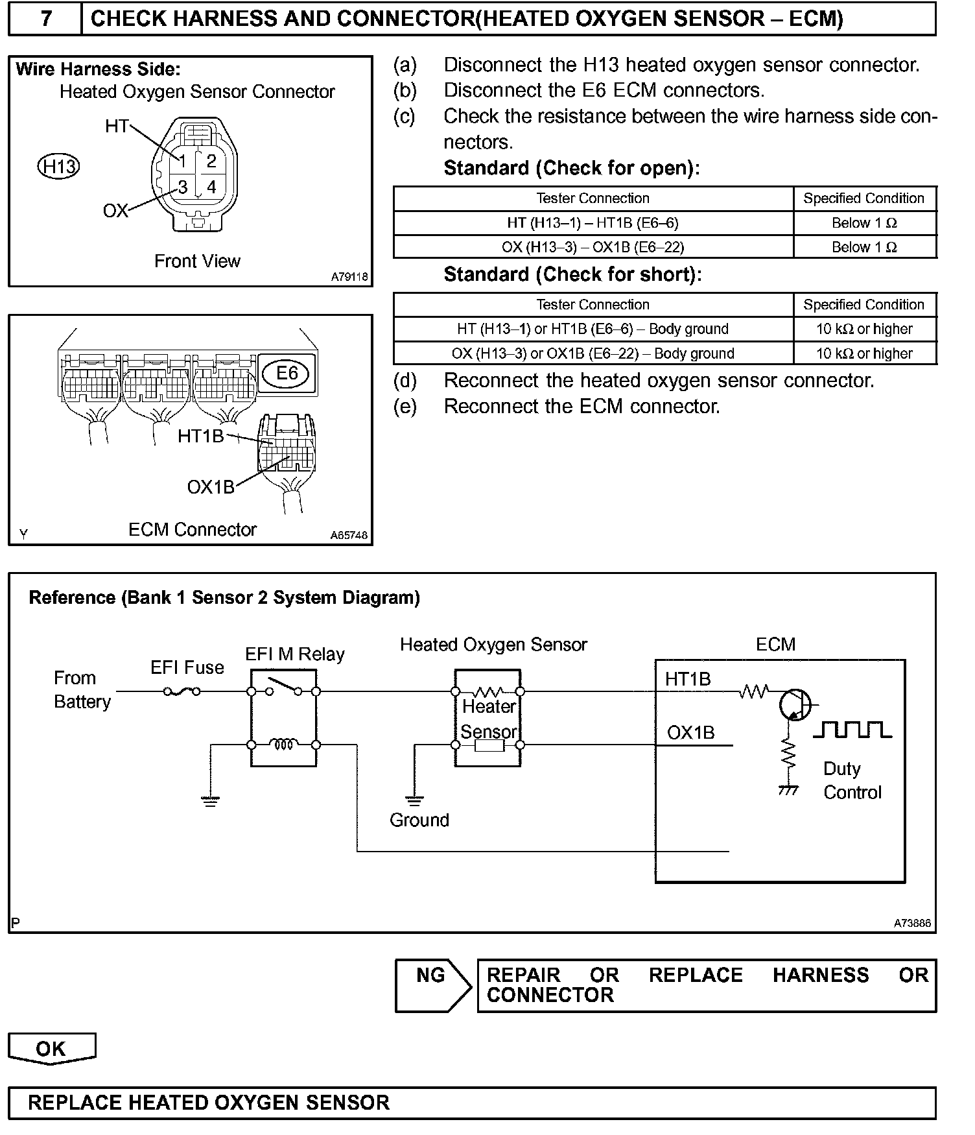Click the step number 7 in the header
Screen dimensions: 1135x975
click(45, 18)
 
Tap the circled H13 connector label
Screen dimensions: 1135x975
click(58, 167)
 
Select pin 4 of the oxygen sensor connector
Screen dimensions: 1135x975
click(211, 187)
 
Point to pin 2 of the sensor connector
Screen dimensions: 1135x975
click(211, 160)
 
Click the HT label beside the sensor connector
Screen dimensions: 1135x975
click(117, 126)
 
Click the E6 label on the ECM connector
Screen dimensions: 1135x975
click(287, 373)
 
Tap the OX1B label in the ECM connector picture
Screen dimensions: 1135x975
click(210, 486)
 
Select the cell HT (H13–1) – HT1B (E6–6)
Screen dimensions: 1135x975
click(593, 223)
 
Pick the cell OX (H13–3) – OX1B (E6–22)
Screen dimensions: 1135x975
click(593, 247)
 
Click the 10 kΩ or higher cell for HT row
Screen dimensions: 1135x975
click(864, 329)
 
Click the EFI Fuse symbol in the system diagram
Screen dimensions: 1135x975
click(182, 692)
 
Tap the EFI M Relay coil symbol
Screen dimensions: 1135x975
click(283, 745)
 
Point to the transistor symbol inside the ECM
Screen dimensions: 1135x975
click(795, 704)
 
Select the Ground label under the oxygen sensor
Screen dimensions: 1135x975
click(419, 820)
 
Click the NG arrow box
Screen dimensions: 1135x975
click(433, 985)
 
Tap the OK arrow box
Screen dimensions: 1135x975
click(51, 1049)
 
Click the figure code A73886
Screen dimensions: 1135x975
click(912, 923)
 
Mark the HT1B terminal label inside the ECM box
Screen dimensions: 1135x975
click(688, 679)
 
